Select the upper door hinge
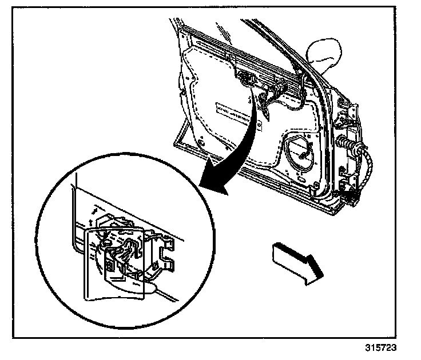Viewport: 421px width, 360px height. (347, 122)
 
